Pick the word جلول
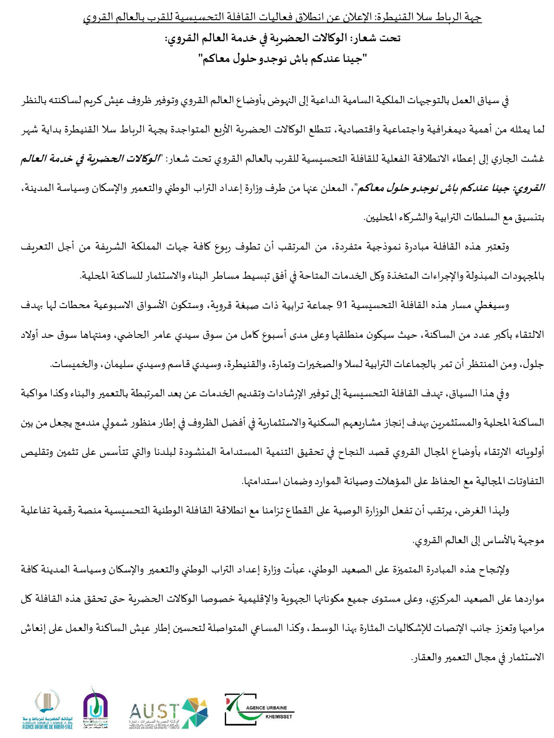coord(533,365)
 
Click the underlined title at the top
coord(282,18)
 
